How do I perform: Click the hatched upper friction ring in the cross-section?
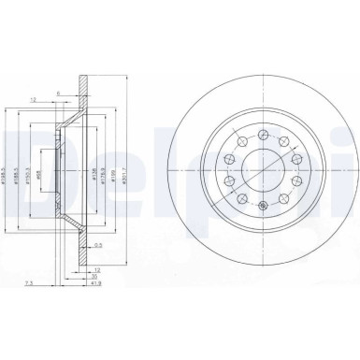pos(85,103)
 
